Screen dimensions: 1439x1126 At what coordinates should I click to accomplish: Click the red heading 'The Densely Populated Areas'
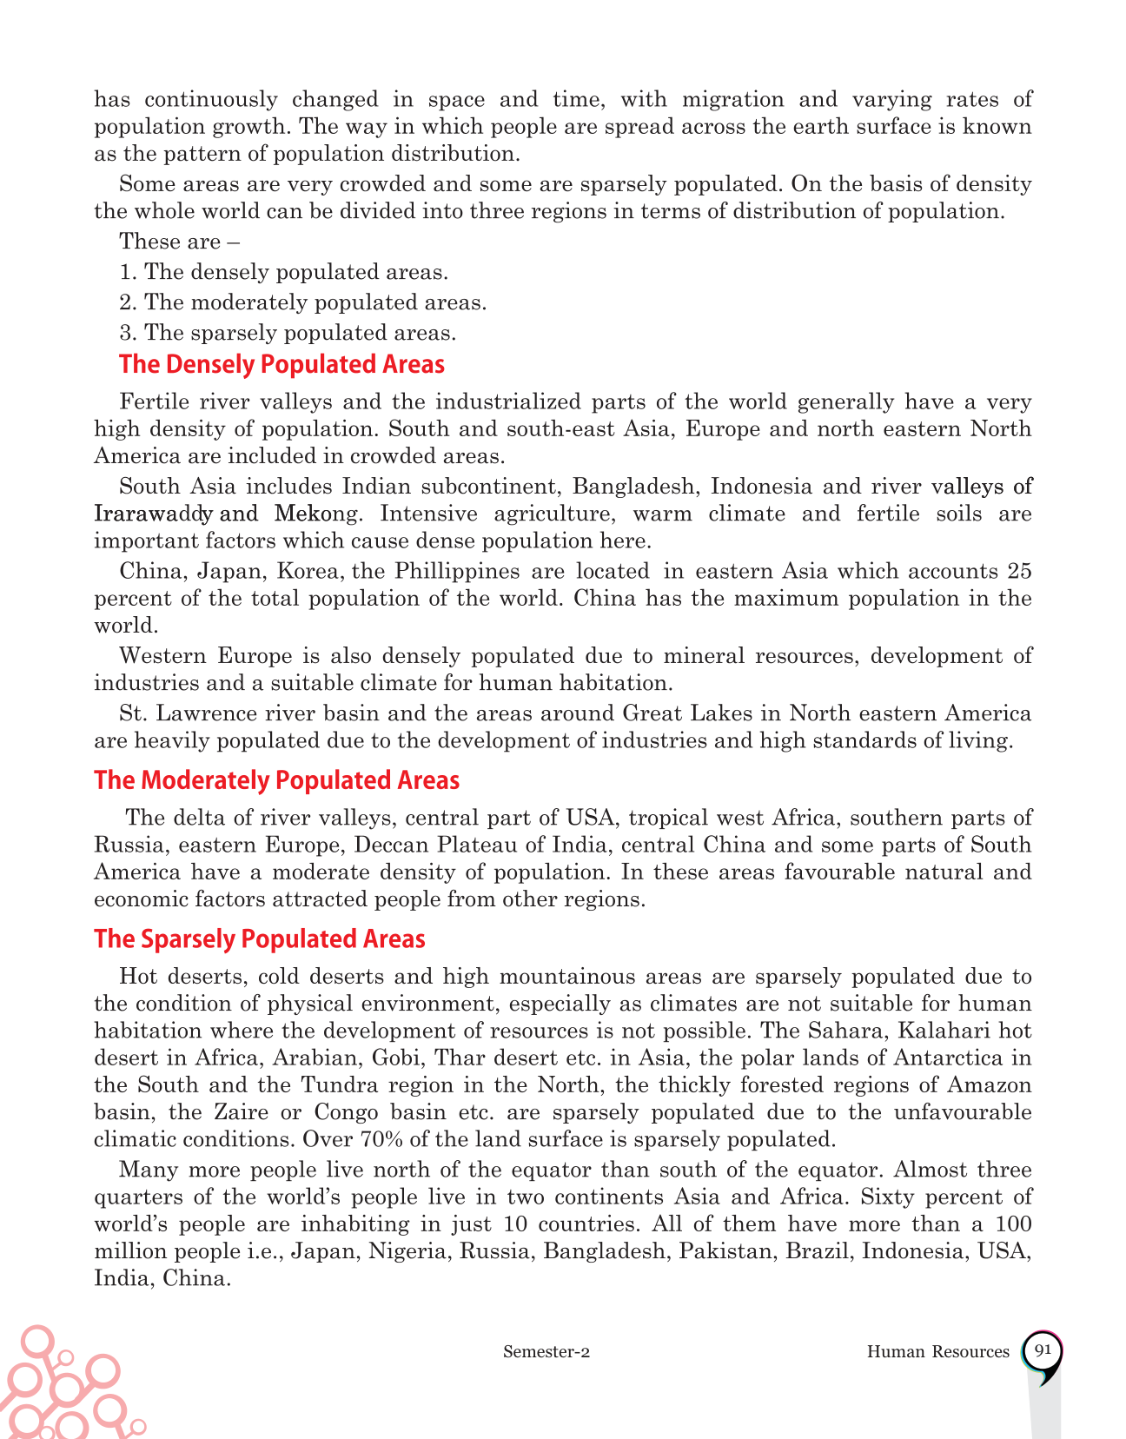(x=281, y=364)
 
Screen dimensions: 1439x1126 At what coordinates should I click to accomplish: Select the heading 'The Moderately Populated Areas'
(x=276, y=780)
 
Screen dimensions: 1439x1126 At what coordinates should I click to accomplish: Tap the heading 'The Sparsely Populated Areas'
(x=260, y=939)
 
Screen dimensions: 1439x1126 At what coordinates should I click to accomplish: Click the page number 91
(x=1043, y=1350)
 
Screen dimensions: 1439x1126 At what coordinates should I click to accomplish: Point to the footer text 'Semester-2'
(x=546, y=1352)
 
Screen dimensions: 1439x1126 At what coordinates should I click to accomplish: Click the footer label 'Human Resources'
(x=937, y=1352)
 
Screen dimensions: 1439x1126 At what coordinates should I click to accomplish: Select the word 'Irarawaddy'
(x=151, y=514)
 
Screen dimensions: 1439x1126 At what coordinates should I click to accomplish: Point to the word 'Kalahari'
(x=935, y=1031)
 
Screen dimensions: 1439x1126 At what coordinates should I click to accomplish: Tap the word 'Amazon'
(x=990, y=1085)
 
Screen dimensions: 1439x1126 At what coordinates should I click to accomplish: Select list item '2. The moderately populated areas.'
(x=303, y=302)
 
